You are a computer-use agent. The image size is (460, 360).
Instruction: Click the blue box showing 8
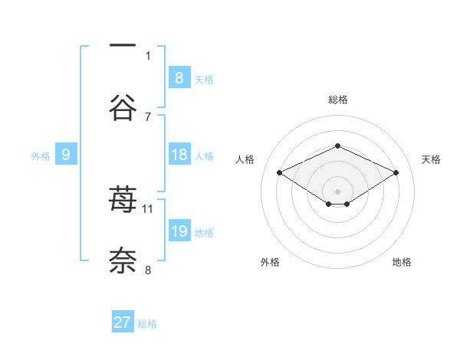(179, 78)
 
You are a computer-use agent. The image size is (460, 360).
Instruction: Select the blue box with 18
(179, 155)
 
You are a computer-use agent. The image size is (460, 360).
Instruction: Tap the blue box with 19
(179, 231)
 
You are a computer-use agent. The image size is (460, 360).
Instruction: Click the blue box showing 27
(123, 322)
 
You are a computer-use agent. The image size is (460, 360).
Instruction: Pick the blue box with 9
(66, 155)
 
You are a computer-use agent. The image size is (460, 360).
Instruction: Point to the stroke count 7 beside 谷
(148, 116)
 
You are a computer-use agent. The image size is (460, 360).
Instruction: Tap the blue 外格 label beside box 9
(41, 156)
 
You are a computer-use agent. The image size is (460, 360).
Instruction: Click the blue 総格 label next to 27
(147, 324)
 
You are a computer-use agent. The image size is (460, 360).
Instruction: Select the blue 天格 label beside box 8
(204, 80)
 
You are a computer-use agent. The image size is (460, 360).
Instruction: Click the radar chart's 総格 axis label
(337, 100)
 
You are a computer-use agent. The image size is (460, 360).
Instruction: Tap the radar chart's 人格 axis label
(245, 159)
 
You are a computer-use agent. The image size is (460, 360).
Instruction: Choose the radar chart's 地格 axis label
(402, 262)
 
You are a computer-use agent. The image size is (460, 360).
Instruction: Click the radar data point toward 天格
(396, 172)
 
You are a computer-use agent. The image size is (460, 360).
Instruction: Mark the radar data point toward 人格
(280, 172)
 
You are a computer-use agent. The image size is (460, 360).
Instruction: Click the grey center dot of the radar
(337, 190)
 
